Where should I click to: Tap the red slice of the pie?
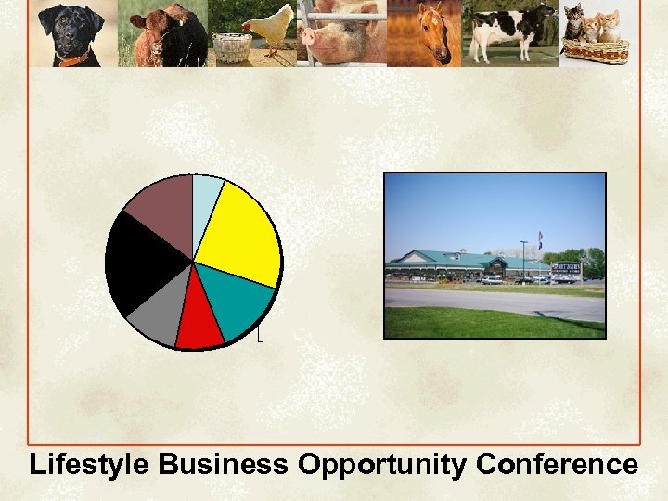click(199, 325)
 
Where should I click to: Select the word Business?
click(224, 465)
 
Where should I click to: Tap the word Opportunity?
click(382, 465)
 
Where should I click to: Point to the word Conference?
click(557, 465)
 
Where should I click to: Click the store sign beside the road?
click(566, 271)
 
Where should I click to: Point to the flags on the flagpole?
click(540, 238)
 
